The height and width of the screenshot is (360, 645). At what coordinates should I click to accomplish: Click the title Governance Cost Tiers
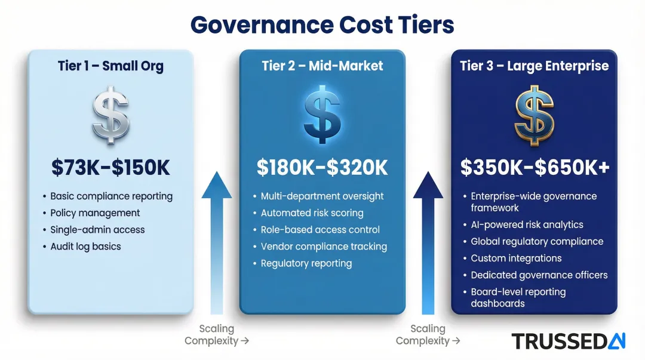coord(322,25)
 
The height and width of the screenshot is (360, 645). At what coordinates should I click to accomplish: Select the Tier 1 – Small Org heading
coord(110,66)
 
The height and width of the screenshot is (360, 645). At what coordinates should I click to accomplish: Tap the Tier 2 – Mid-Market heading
coord(322,66)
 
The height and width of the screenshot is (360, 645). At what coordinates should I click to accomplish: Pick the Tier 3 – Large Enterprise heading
coord(534,66)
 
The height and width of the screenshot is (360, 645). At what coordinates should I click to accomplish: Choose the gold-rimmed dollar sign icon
coord(534,115)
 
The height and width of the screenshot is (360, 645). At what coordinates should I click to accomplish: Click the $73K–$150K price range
coord(110,168)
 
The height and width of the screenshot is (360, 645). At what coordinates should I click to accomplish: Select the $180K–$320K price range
coord(322,168)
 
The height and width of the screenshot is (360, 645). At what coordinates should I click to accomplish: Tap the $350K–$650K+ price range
coord(535,168)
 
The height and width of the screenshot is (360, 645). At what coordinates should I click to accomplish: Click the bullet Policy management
coord(95,213)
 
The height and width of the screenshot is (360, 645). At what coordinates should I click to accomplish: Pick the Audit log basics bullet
coord(85,247)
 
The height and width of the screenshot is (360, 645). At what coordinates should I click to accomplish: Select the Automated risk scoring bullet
coord(312,213)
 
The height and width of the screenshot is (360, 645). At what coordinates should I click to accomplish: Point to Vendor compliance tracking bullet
coord(324,247)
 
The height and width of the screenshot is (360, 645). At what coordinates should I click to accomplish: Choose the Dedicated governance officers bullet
coord(539,275)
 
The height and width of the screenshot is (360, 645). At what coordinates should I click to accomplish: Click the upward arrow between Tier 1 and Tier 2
coord(217,239)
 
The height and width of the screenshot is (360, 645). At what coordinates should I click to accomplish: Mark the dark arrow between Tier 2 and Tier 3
coord(428,239)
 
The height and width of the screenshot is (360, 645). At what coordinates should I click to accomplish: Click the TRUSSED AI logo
coord(568,341)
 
